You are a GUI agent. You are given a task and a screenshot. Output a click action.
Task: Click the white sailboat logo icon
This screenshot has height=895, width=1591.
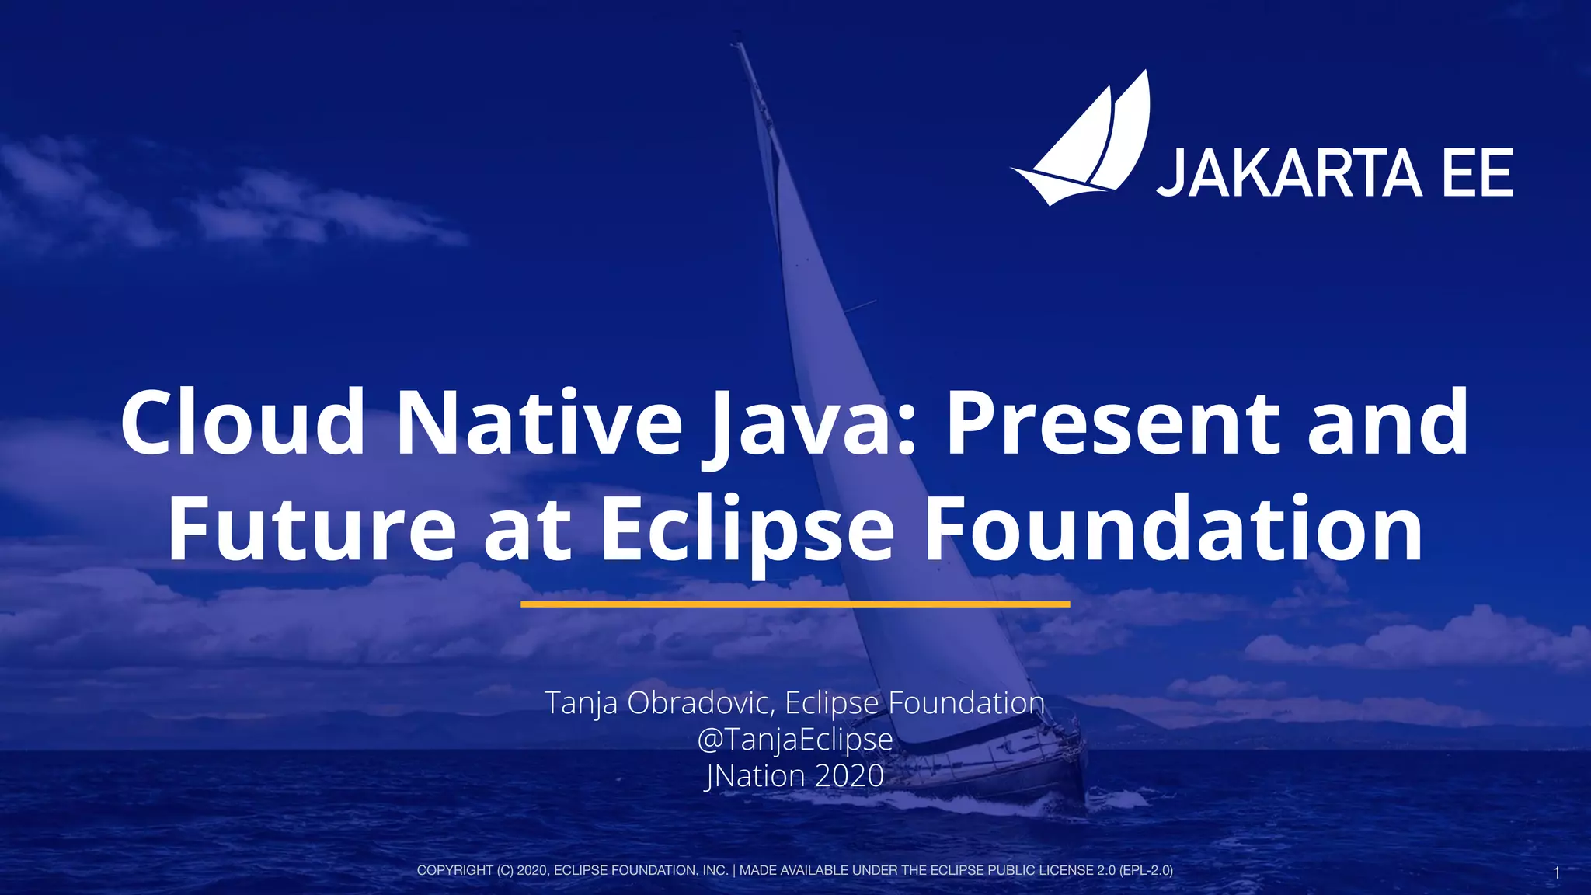click(x=1084, y=144)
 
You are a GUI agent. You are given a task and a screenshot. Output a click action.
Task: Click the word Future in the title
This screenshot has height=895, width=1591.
click(x=312, y=529)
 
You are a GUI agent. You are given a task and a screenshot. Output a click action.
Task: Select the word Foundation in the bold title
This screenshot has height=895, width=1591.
click(x=1173, y=529)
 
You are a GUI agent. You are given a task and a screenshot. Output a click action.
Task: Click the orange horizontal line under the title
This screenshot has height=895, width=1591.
click(x=795, y=604)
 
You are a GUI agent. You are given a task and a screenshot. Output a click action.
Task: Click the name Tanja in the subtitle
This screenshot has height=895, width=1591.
click(x=581, y=703)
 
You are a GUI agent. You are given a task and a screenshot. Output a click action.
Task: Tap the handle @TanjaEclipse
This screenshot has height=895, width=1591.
click(x=795, y=739)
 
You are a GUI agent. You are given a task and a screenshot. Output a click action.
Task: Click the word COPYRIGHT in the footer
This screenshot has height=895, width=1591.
click(x=454, y=870)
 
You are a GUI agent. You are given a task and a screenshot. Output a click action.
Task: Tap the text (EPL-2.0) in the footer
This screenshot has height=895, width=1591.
click(x=1146, y=870)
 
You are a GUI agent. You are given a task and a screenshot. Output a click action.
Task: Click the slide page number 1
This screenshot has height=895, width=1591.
click(x=1556, y=873)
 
